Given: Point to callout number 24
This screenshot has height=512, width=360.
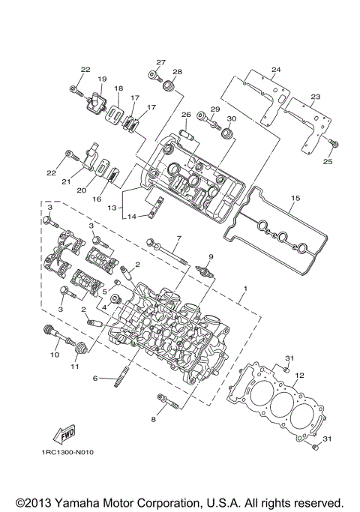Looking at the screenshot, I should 275,70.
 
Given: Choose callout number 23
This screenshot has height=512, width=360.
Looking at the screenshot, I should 314,97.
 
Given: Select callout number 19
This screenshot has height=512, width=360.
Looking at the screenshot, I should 101,78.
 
